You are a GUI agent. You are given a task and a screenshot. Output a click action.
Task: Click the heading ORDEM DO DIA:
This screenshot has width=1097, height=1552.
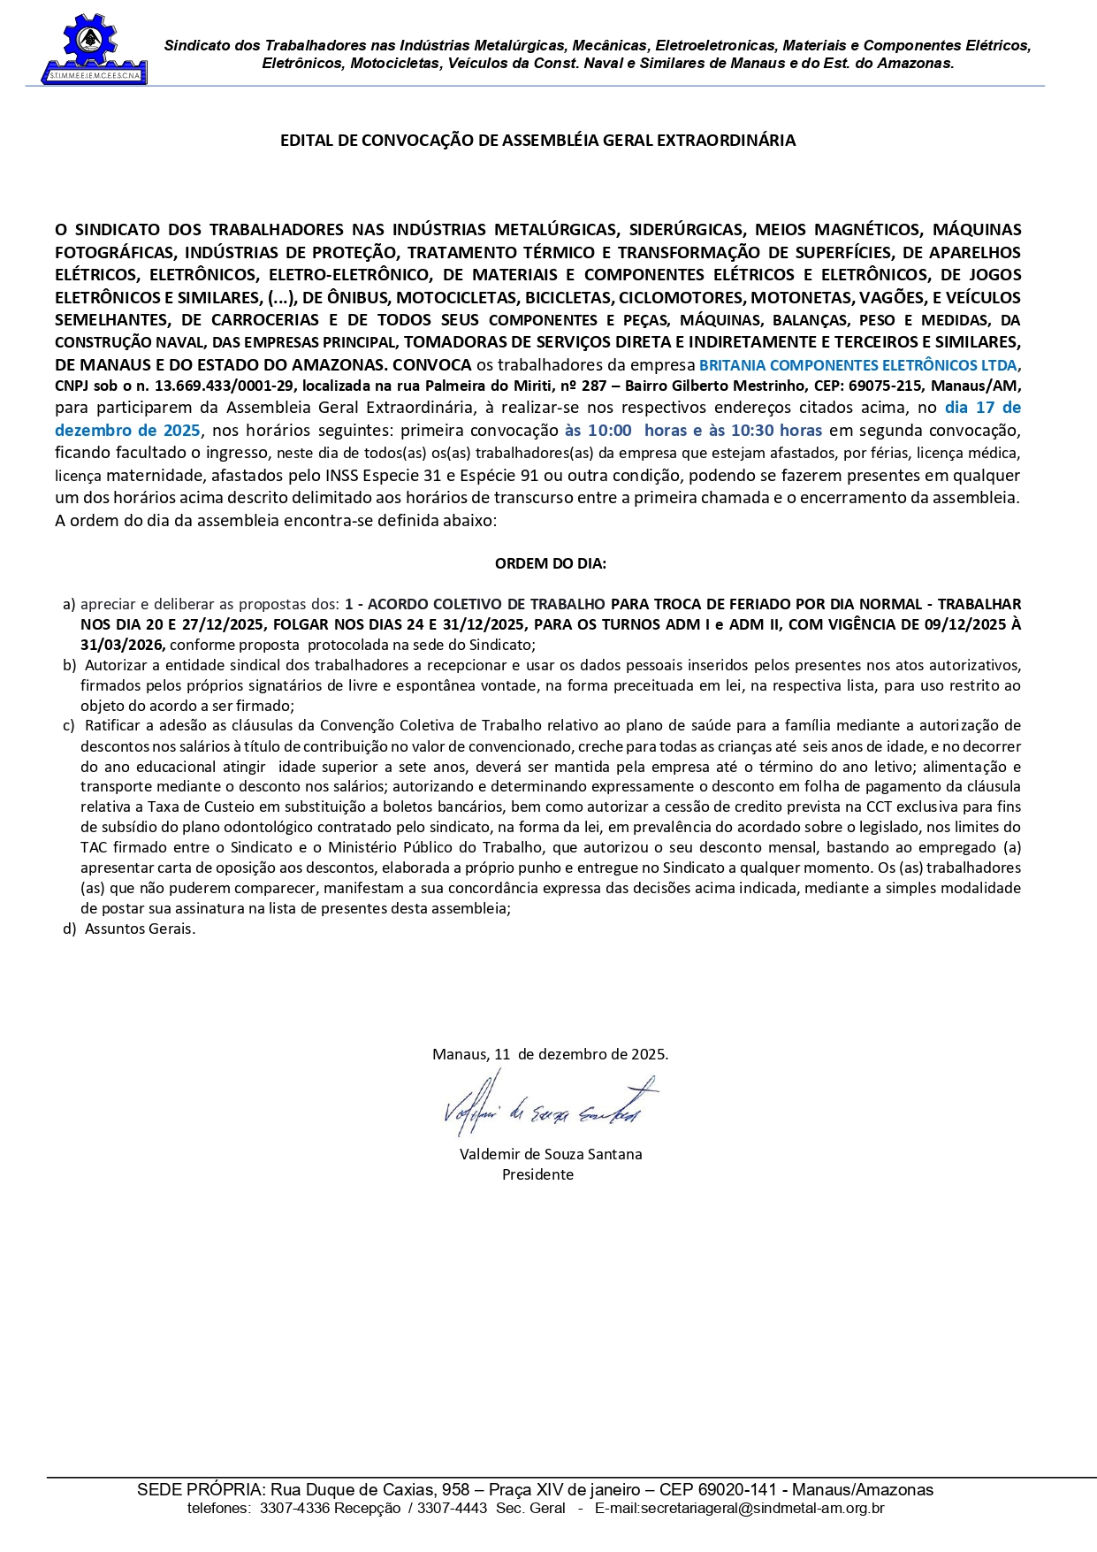tap(550, 563)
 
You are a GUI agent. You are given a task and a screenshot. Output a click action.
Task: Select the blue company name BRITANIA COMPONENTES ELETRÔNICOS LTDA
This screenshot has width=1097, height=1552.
tap(857, 365)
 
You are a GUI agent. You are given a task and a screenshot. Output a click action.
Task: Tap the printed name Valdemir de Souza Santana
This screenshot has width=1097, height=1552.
tap(551, 1154)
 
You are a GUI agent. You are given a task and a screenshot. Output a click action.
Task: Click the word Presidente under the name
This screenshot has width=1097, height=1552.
tap(537, 1174)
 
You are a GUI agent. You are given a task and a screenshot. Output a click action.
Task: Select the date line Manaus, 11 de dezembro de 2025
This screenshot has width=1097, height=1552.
tap(550, 1054)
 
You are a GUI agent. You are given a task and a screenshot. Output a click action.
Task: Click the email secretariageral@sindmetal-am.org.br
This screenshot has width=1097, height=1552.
tap(739, 1508)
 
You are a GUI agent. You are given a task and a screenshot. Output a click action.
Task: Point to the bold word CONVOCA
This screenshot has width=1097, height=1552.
tap(431, 364)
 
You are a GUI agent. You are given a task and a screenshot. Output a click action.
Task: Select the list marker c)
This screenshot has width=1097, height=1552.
tap(68, 726)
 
